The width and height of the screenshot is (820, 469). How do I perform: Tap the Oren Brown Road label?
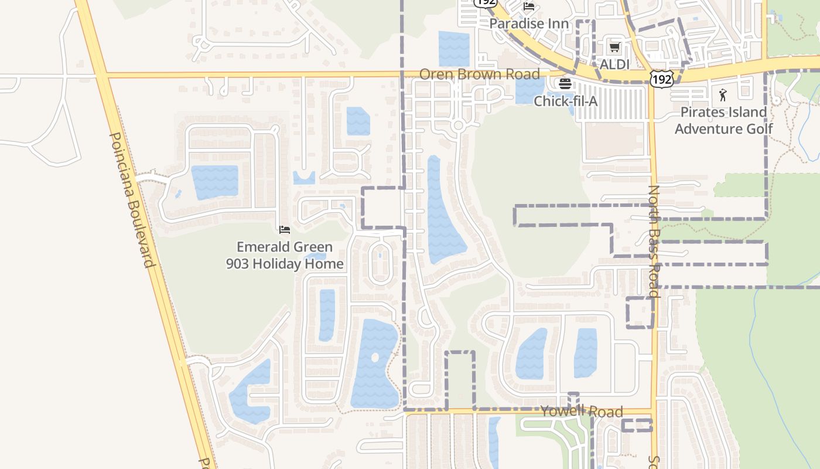point(479,74)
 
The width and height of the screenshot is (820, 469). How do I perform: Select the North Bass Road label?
point(654,242)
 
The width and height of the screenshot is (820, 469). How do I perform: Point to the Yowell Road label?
point(581,412)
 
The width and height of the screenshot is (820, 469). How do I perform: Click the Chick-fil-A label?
point(565,101)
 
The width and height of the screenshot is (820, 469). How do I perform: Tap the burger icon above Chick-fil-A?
point(565,84)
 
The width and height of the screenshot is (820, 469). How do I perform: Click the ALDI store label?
point(614,63)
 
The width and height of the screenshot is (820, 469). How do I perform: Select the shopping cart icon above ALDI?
point(614,47)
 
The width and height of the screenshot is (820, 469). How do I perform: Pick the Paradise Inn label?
point(529,23)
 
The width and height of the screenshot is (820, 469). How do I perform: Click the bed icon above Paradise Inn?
point(529,7)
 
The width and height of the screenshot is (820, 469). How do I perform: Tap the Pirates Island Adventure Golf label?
point(723,120)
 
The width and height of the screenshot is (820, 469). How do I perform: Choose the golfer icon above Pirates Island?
point(723,95)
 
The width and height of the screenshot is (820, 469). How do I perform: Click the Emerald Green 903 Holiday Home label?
point(285,255)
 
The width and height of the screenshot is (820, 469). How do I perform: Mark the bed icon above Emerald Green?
point(285,229)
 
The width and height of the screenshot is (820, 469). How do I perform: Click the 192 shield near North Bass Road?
point(661,79)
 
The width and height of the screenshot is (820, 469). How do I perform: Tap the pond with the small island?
point(375,363)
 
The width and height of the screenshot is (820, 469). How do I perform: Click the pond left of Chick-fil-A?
point(529,90)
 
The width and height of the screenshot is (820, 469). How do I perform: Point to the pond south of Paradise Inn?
point(454,49)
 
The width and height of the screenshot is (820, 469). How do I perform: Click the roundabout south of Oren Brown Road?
point(458,125)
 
